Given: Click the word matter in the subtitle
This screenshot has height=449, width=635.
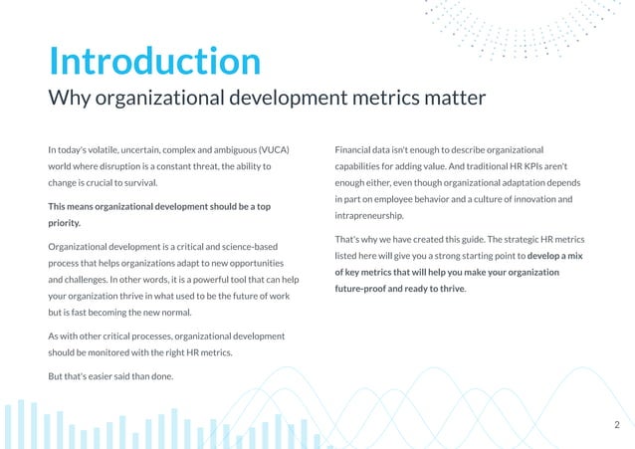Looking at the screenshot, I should tap(454, 99).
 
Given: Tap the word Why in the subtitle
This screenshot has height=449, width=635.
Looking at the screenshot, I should tap(72, 99).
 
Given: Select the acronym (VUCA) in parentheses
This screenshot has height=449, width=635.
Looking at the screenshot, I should tap(272, 149).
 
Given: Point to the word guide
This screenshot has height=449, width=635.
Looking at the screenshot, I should tap(481, 239).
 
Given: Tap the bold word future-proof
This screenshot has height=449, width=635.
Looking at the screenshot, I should tap(366, 289).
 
